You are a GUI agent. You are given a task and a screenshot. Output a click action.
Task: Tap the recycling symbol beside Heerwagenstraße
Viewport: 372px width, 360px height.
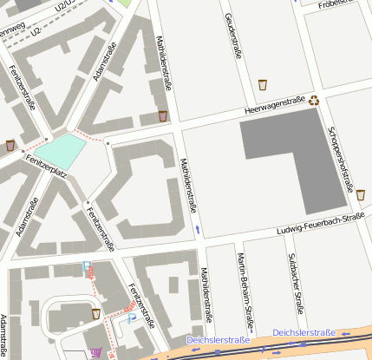[315, 100]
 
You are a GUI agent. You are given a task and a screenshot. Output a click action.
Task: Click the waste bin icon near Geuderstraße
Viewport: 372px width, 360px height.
[263, 85]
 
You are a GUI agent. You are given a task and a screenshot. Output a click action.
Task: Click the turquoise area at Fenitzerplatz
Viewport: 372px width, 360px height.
[61, 152]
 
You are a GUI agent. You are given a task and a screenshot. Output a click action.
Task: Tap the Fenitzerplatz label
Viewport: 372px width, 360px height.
[47, 167]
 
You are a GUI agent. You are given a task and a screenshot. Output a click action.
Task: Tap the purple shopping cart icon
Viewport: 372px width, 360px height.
[95, 352]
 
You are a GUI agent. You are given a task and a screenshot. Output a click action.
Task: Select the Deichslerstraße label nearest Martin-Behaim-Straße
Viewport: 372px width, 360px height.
[218, 340]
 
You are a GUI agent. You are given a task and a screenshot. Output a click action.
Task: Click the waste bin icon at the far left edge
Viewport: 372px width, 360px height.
[10, 145]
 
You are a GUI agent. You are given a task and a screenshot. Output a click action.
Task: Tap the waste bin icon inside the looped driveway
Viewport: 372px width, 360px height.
[95, 313]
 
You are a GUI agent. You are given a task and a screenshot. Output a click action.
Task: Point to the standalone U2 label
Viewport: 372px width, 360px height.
[36, 31]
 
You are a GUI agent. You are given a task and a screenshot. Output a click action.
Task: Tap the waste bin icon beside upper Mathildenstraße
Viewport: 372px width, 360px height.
[162, 115]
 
